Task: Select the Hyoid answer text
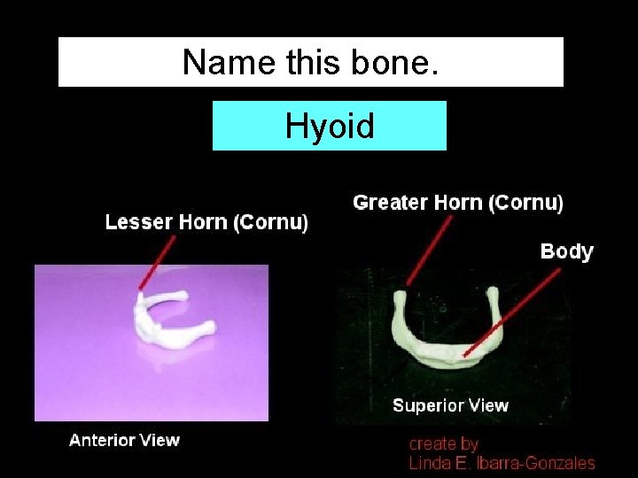330,127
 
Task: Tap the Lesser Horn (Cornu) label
206,222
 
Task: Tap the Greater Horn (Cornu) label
457,203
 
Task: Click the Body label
566,251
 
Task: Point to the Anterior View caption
124,440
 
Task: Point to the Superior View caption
450,406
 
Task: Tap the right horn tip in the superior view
495,291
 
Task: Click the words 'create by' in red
443,443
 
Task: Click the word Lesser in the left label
135,222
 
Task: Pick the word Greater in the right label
390,203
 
